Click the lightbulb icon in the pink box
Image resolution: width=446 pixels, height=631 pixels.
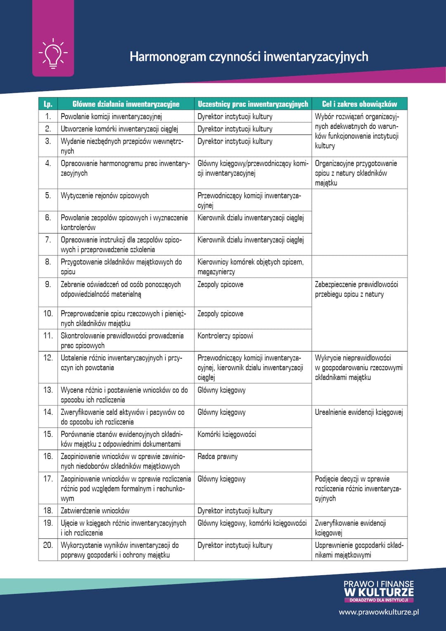click(53, 53)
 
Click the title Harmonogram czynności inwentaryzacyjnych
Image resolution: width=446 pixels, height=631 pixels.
click(249, 57)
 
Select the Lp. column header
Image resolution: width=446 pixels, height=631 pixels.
click(48, 104)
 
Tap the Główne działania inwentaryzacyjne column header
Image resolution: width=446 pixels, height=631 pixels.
click(126, 104)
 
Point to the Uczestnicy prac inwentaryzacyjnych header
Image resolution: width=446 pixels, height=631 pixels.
click(253, 104)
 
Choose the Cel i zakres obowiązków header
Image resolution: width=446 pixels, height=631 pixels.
click(359, 104)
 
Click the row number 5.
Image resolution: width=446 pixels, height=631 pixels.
click(48, 195)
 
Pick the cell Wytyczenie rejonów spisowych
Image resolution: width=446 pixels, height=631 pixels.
click(105, 196)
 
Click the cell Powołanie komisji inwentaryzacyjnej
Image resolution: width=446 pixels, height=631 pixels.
click(111, 117)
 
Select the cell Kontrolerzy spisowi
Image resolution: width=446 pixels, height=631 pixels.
click(225, 336)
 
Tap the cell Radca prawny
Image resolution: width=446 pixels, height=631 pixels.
click(218, 457)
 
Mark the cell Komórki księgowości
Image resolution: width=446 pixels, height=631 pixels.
click(227, 434)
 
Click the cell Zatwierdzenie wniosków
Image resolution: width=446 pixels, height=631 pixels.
click(95, 511)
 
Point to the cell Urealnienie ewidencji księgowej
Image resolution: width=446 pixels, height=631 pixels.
click(358, 412)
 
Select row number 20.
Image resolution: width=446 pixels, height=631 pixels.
click(48, 545)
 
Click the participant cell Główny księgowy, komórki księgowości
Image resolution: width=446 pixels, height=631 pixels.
click(252, 523)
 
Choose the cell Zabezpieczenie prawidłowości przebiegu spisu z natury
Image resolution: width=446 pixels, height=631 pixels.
click(356, 289)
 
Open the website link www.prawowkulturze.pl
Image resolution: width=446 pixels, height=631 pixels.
click(379, 612)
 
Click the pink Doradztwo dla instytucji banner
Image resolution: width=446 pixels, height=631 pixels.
click(379, 600)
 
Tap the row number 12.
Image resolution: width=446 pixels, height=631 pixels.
click(48, 358)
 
